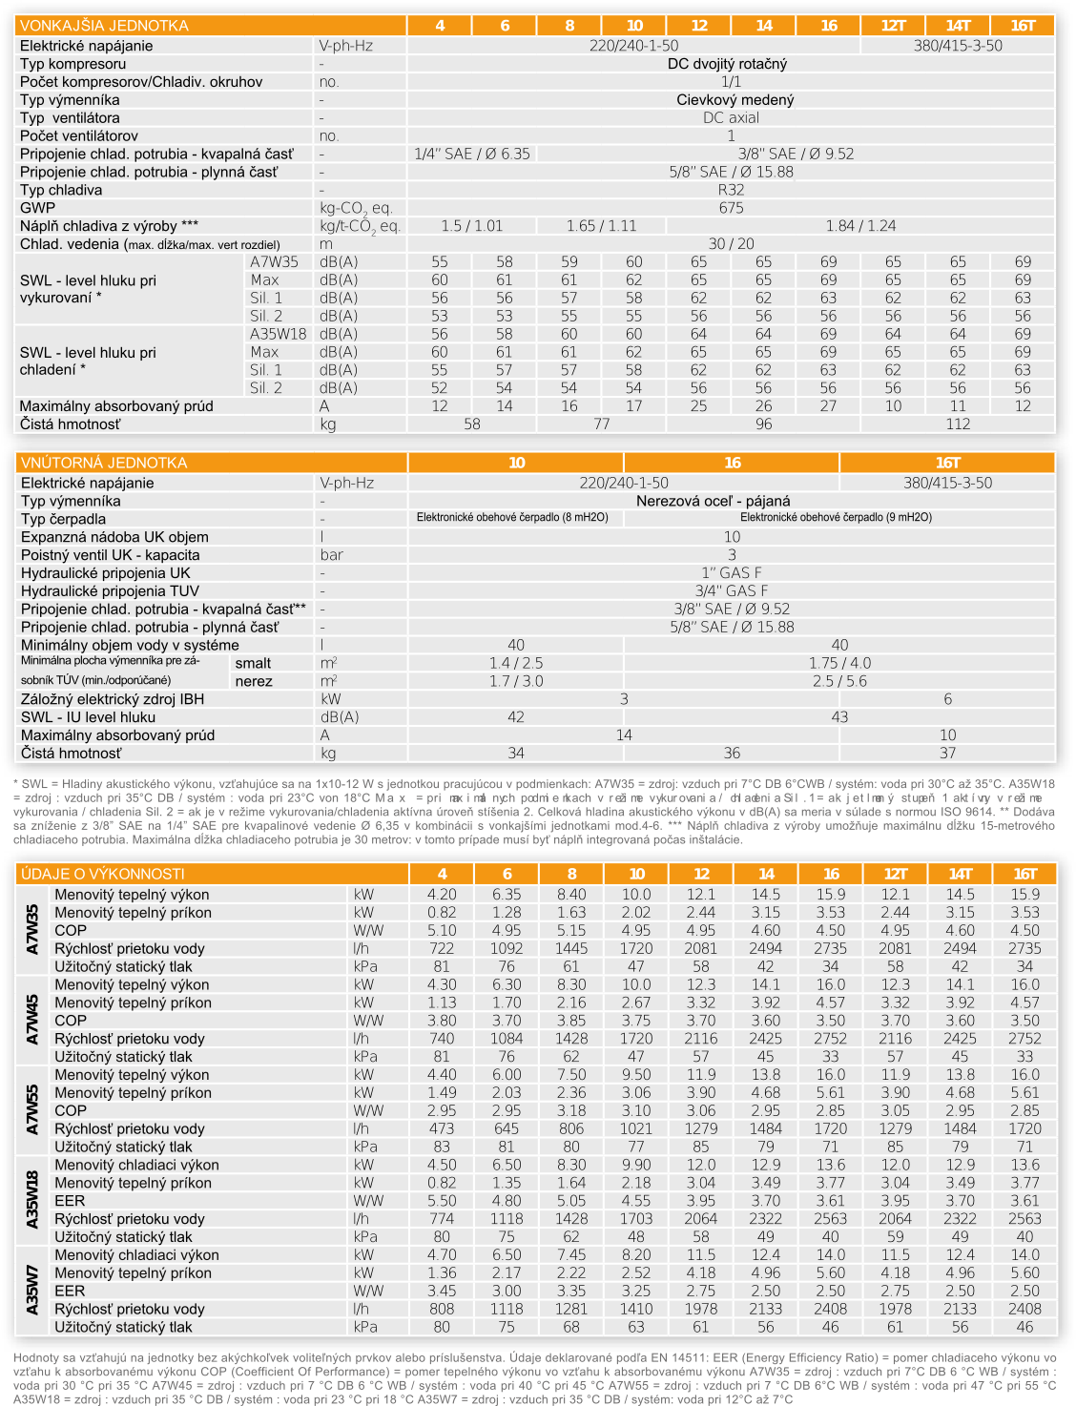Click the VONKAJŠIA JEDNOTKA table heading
(x=104, y=26)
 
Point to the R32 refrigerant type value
(x=731, y=190)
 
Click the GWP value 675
(x=731, y=208)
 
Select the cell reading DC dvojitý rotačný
(x=731, y=64)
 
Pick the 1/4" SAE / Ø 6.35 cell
(x=472, y=154)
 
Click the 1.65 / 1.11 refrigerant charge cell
(x=601, y=226)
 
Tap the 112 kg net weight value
(x=958, y=424)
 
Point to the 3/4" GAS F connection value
(x=731, y=590)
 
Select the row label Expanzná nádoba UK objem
(x=114, y=537)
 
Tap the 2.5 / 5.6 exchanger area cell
(x=839, y=681)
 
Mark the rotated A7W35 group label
(x=33, y=930)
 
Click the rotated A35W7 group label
(x=33, y=1291)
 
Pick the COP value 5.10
(x=442, y=930)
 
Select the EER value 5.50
(x=442, y=1201)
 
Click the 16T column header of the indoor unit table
(x=947, y=463)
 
